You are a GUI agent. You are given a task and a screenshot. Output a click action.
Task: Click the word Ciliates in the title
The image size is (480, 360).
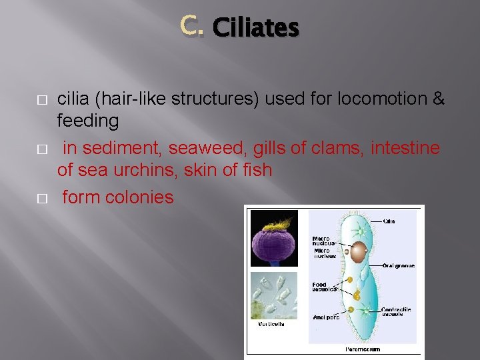pyautogui.click(x=255, y=28)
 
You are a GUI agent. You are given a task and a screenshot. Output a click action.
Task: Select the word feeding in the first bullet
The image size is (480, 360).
pyautogui.click(x=88, y=121)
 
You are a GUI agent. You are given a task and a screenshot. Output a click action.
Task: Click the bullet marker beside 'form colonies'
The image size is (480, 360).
pyautogui.click(x=41, y=199)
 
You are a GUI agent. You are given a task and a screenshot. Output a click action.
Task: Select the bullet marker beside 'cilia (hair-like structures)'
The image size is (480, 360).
pyautogui.click(x=41, y=100)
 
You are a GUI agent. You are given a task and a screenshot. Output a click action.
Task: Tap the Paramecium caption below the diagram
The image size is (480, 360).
pyautogui.click(x=363, y=349)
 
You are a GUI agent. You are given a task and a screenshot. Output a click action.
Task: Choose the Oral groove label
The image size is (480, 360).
pyautogui.click(x=398, y=266)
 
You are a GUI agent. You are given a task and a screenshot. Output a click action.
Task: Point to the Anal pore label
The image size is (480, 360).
pyautogui.click(x=326, y=317)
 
